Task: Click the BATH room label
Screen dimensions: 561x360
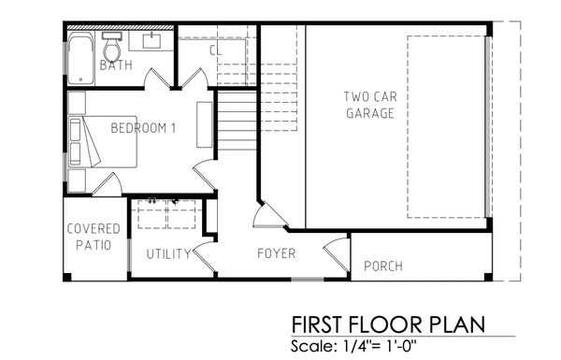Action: pos(116,65)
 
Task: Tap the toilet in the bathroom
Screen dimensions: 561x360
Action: pos(112,47)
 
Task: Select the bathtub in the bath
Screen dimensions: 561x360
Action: pos(80,59)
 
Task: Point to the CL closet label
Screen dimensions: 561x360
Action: pos(215,50)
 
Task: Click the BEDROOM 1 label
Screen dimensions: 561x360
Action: pos(143,128)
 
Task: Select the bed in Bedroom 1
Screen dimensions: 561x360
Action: pos(103,141)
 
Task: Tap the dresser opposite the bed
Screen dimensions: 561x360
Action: pos(204,124)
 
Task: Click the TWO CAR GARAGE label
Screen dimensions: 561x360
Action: pos(370,105)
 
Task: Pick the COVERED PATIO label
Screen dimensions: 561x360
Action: pos(93,237)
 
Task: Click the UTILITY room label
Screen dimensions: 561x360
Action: pos(168,254)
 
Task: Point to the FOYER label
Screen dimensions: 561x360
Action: pos(276,253)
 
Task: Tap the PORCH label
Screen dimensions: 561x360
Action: pos(383,266)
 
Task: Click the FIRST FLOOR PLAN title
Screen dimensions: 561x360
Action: pos(388,324)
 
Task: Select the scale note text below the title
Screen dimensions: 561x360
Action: pos(353,346)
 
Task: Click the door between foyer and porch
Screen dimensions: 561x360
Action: pos(337,254)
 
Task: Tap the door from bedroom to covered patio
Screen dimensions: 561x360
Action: pos(108,184)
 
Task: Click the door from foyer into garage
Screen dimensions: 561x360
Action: pos(270,215)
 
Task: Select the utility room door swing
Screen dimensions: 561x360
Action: pos(205,256)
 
